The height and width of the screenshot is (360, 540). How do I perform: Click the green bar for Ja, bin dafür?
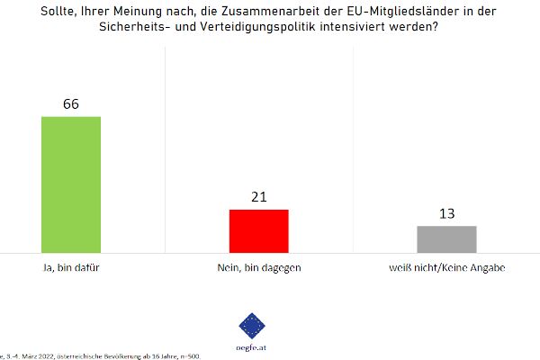71,184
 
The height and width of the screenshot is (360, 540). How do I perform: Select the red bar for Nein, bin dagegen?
259,230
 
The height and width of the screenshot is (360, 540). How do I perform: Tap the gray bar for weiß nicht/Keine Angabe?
446,238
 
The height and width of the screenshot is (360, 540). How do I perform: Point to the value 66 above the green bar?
71,103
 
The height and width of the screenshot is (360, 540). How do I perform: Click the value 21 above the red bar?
259,196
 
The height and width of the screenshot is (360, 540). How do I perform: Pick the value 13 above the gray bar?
446,213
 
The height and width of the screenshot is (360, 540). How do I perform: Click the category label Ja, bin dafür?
71,267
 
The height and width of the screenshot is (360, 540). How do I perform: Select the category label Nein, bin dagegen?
259,267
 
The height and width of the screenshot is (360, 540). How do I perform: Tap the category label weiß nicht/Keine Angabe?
446,267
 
